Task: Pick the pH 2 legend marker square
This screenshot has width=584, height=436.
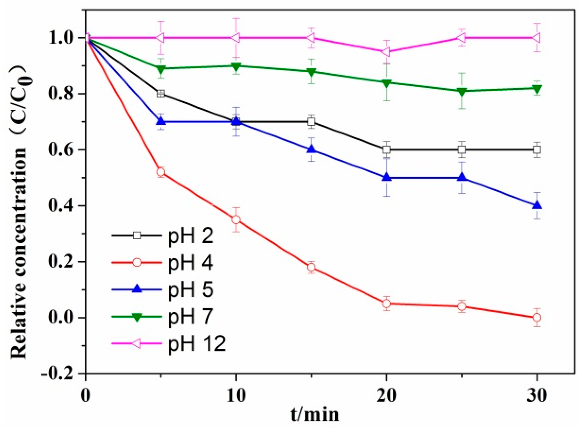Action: tap(137, 235)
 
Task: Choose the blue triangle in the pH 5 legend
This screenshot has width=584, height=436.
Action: tap(137, 289)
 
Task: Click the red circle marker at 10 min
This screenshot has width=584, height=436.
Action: tap(236, 220)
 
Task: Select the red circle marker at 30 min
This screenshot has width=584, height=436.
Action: tap(537, 317)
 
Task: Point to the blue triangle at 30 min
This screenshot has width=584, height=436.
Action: tap(537, 205)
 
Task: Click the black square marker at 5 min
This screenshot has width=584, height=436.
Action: tap(161, 94)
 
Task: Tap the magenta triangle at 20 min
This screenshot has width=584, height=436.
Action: tap(386, 51)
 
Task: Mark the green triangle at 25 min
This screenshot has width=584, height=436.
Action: tap(462, 92)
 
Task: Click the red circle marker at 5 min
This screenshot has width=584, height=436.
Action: tap(161, 172)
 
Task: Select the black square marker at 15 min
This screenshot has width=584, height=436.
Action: tap(312, 122)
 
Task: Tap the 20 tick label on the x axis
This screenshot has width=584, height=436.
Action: tap(386, 396)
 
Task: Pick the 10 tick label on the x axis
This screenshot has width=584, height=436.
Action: tap(236, 396)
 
